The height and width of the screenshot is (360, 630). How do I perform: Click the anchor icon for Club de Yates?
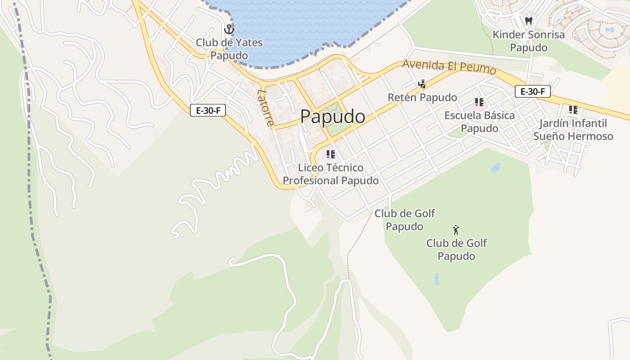point(229,30)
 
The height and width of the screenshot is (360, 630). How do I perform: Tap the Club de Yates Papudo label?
point(229,49)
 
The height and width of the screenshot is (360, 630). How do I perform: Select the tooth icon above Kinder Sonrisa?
point(529,21)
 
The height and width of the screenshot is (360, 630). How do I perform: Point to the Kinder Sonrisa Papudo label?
point(529,41)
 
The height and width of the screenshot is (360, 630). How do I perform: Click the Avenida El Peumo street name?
point(449,67)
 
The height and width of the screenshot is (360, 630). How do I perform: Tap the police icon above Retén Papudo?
point(422,84)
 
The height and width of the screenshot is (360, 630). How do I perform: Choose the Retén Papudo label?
point(422,97)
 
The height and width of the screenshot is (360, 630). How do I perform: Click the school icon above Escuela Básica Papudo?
point(479,102)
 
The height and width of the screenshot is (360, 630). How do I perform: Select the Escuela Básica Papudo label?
point(479,121)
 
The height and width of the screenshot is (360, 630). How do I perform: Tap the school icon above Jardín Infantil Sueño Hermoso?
point(573,109)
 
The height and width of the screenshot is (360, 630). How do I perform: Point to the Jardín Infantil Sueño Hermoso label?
point(573,130)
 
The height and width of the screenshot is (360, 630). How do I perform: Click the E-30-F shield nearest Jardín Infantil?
point(533,91)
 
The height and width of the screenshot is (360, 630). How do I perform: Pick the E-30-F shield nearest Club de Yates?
point(207,110)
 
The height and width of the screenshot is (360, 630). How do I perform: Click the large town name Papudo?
point(333,117)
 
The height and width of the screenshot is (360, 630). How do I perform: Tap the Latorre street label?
point(265,108)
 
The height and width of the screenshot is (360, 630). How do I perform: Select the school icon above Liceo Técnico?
point(331,154)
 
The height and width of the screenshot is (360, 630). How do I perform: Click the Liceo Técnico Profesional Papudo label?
point(331,174)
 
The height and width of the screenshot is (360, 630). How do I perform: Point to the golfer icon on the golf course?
point(456,230)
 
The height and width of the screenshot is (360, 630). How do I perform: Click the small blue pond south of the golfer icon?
point(436,279)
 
